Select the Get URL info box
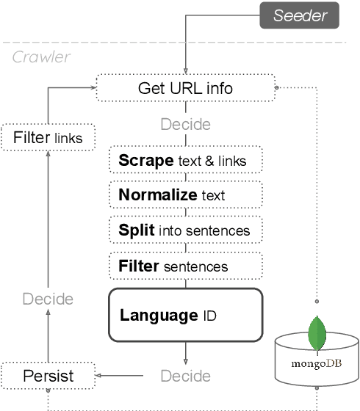click(x=185, y=88)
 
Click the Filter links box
click(x=48, y=137)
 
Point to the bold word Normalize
click(x=157, y=195)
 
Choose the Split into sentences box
click(x=185, y=230)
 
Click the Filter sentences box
click(x=185, y=265)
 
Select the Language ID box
click(x=185, y=316)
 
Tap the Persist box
click(x=48, y=377)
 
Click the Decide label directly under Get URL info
click(x=185, y=123)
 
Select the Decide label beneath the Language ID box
click(x=185, y=377)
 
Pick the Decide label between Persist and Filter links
click(x=48, y=299)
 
